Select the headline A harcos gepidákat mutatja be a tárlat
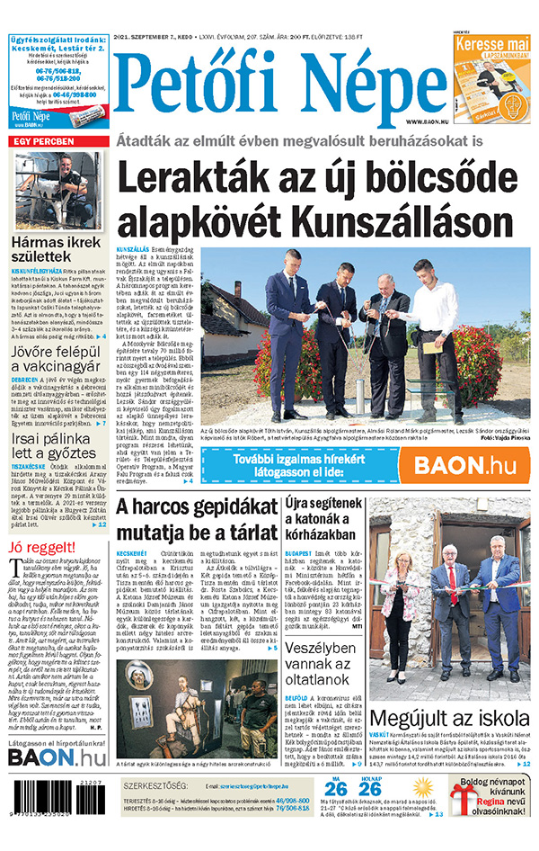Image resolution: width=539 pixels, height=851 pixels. [195, 522]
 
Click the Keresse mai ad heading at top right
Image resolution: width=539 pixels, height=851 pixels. [491, 44]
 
